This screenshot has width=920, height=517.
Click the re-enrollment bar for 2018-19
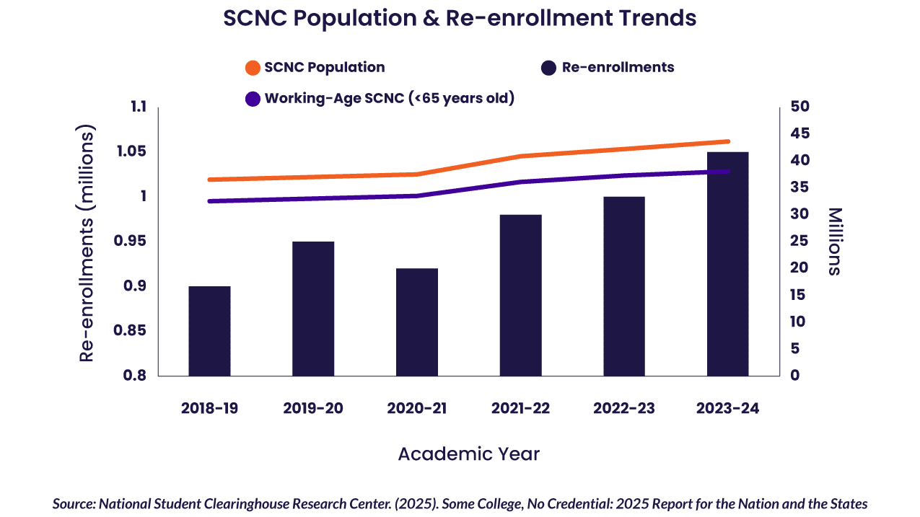(210, 331)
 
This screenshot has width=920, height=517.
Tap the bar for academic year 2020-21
(417, 322)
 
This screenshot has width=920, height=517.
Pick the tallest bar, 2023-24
(727, 264)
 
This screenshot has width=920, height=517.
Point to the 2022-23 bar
(624, 286)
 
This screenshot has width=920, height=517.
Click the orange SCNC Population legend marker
(253, 68)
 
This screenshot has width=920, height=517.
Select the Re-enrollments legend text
(618, 68)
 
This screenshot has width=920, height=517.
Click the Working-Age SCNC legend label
(390, 98)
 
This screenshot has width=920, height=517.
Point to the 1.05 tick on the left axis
(131, 151)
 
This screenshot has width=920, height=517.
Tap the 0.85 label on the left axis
(131, 331)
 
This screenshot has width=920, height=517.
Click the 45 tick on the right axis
(800, 133)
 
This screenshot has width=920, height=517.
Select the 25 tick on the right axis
(800, 241)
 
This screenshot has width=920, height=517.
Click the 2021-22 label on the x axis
(520, 409)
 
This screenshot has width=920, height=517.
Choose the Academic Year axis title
(468, 454)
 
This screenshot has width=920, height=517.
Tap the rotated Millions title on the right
(834, 242)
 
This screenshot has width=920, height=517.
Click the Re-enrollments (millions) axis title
(87, 245)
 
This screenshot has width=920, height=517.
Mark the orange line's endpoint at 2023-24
(727, 141)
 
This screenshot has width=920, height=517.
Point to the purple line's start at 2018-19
(210, 201)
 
